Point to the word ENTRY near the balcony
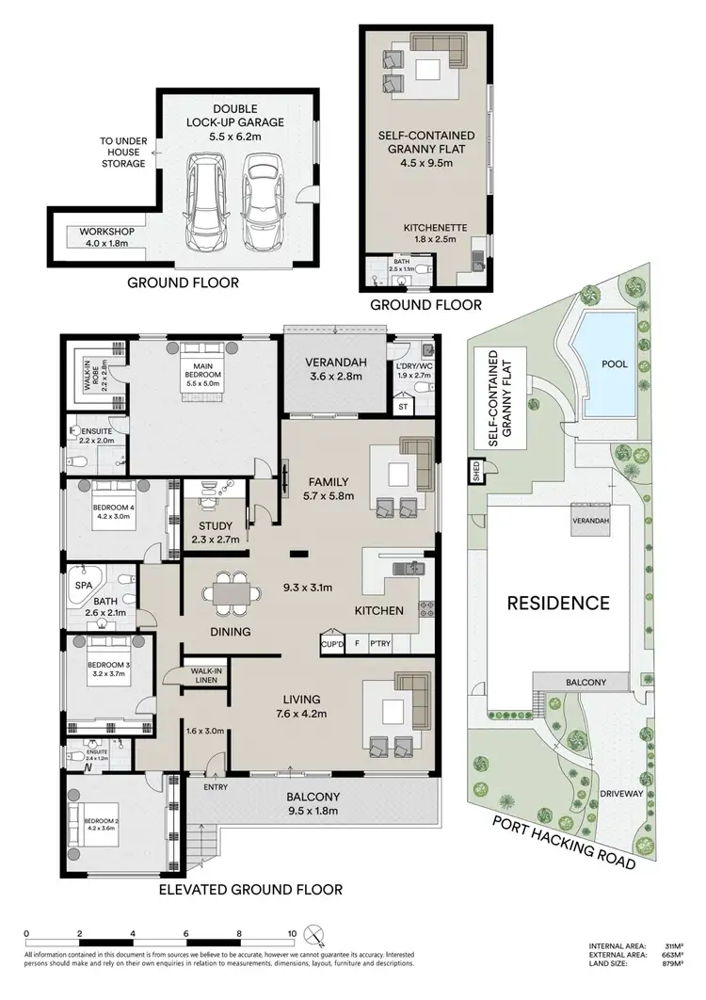coord(215,787)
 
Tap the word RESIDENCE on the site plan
coord(559,603)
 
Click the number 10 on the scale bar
coord(293,935)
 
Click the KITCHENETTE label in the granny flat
coord(435,234)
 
